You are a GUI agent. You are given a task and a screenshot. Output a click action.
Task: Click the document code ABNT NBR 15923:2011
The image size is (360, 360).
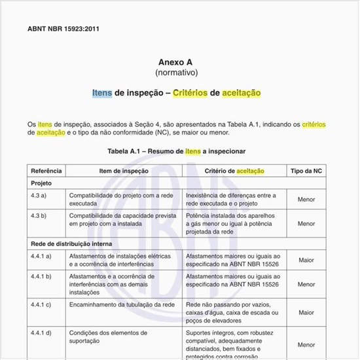[63, 29]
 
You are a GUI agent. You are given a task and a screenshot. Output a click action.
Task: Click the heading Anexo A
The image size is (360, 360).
[176, 62]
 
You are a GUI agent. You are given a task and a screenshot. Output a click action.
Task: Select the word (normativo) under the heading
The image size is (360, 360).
[176, 72]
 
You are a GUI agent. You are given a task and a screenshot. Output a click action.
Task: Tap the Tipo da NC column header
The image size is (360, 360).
[306, 171]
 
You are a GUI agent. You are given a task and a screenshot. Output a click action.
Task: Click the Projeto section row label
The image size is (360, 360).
[41, 183]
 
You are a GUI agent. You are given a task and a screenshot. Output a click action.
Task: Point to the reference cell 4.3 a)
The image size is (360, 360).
[38, 196]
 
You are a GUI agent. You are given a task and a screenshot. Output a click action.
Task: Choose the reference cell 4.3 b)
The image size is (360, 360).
[38, 215]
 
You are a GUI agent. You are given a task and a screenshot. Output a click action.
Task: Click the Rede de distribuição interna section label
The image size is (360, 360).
[71, 243]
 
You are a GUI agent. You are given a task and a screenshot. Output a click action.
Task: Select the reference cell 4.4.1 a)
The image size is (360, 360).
[41, 256]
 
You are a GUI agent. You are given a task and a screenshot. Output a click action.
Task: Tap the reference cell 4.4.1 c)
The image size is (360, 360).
[41, 305]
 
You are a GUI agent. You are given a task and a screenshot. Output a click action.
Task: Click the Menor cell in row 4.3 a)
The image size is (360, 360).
[306, 200]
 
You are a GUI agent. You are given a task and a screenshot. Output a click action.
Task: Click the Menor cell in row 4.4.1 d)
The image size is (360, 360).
[306, 344]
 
